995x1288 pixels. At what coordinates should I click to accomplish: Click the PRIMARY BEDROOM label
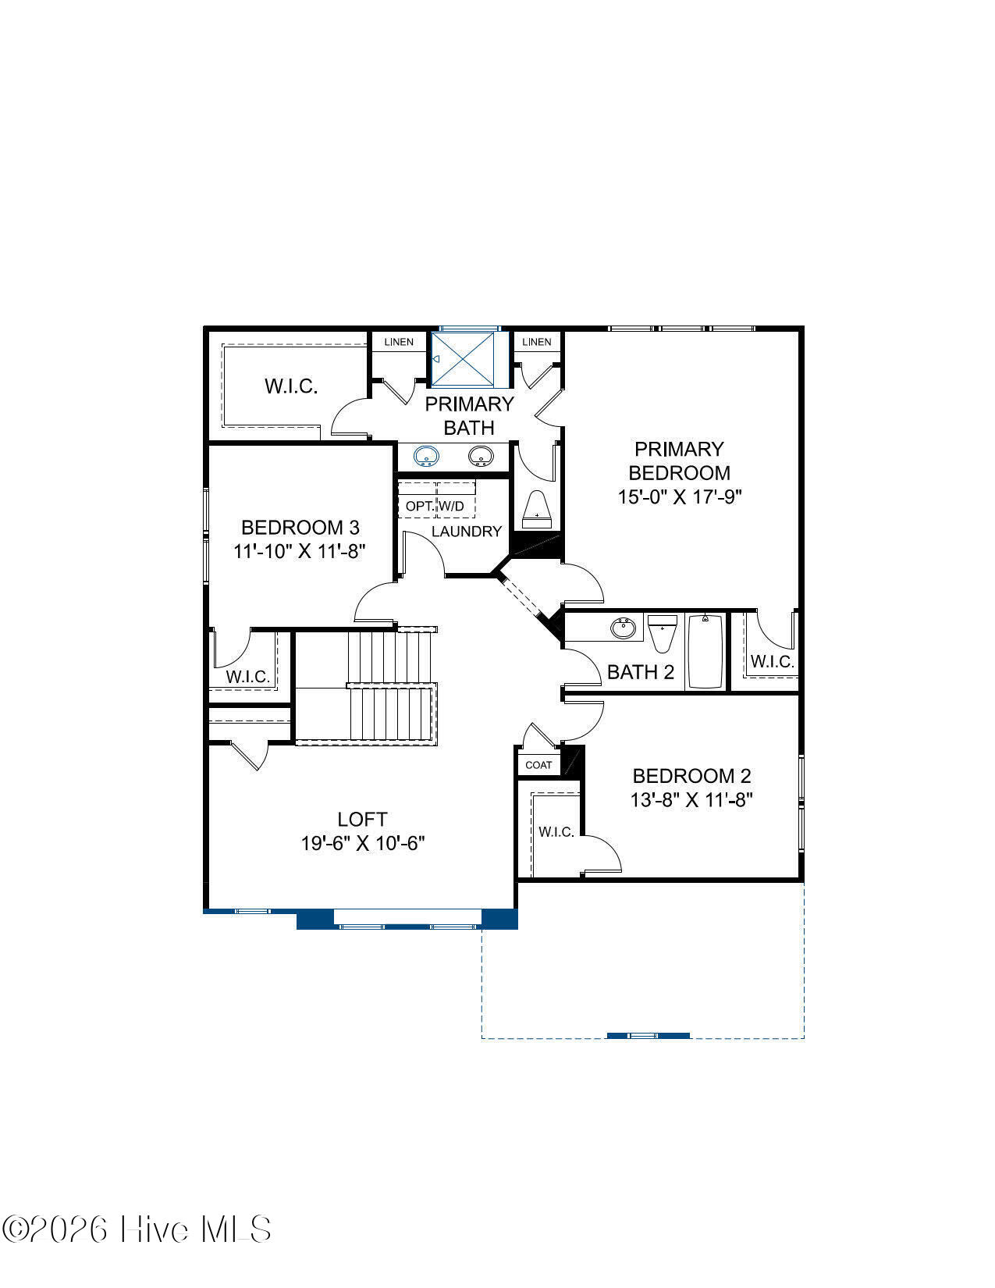click(679, 461)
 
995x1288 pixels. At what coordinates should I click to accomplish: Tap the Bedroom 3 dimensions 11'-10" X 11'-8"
click(299, 551)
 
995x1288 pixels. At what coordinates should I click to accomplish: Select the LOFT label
click(362, 819)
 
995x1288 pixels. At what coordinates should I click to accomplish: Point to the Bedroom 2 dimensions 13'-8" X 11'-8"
click(691, 800)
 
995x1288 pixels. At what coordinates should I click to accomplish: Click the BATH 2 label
click(641, 672)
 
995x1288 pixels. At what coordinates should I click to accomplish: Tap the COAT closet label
click(538, 765)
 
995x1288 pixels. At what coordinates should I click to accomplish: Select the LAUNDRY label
click(467, 532)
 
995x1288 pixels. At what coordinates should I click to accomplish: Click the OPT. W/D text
click(435, 507)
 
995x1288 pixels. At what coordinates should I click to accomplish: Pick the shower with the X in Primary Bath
click(462, 358)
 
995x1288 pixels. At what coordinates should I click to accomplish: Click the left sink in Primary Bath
click(426, 457)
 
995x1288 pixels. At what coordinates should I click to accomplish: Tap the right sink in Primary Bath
click(481, 457)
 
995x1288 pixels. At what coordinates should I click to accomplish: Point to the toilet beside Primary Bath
click(537, 509)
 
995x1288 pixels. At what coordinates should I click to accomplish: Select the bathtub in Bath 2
click(705, 651)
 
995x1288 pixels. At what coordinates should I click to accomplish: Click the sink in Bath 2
click(623, 628)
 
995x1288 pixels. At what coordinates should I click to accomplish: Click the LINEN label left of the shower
click(398, 342)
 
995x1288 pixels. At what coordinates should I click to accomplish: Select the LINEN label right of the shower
click(536, 342)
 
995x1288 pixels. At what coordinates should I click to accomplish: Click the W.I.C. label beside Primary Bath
click(291, 386)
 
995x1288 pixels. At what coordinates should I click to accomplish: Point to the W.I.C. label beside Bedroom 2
click(556, 832)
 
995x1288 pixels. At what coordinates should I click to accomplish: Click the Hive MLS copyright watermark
click(137, 1229)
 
